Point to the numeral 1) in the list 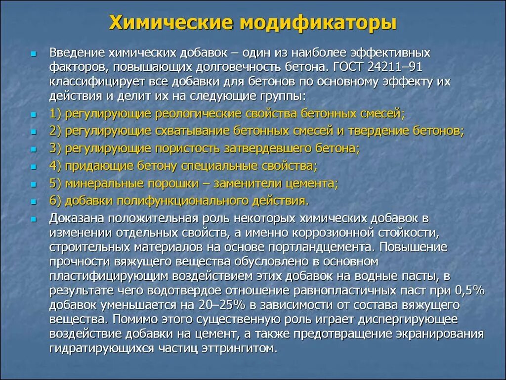(55, 114)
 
